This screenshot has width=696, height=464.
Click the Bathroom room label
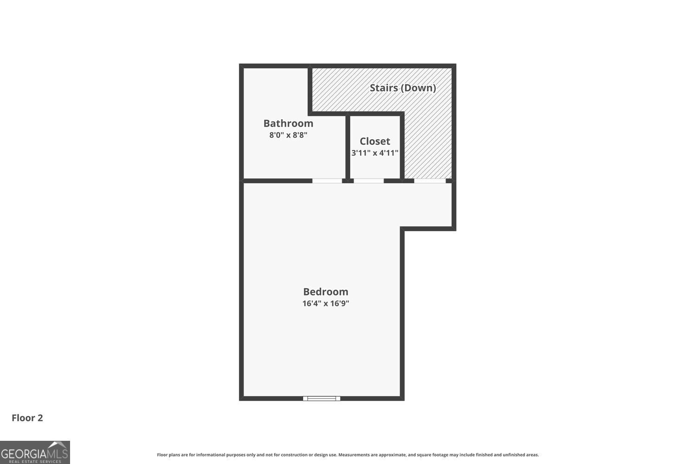pyautogui.click(x=288, y=123)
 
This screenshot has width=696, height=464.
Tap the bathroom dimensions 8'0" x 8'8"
pyautogui.click(x=288, y=135)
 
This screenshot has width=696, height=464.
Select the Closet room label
pyautogui.click(x=374, y=141)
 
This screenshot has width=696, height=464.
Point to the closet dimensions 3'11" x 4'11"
pyautogui.click(x=374, y=153)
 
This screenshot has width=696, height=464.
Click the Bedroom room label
pyautogui.click(x=325, y=292)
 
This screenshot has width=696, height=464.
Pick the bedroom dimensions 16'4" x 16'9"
pyautogui.click(x=325, y=303)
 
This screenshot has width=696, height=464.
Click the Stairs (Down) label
pyautogui.click(x=402, y=88)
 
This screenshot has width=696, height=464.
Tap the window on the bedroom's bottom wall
pyautogui.click(x=322, y=398)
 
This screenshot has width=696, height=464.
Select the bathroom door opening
pyautogui.click(x=327, y=180)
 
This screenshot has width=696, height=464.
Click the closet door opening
pyautogui.click(x=369, y=180)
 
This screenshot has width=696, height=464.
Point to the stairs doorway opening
pyautogui.click(x=430, y=180)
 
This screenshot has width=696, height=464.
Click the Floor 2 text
pyautogui.click(x=27, y=418)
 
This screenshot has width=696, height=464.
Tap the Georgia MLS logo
pyautogui.click(x=35, y=452)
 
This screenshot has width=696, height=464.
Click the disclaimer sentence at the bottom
pyautogui.click(x=348, y=455)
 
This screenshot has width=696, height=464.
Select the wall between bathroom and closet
pyautogui.click(x=348, y=146)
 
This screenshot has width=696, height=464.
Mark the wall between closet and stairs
pyautogui.click(x=402, y=146)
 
